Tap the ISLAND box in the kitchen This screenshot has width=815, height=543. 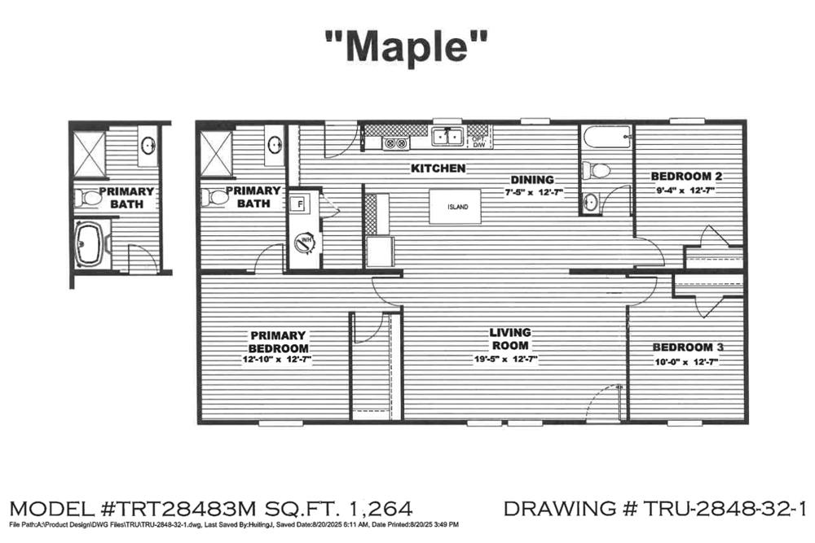[456, 207]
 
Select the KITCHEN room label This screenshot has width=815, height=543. [438, 169]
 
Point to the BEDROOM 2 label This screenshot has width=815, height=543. [686, 176]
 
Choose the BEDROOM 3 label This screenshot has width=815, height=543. [689, 347]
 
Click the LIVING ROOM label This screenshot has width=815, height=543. [510, 338]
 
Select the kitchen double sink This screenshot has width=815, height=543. [447, 137]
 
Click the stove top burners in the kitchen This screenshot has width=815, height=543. [396, 143]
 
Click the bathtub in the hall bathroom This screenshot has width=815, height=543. [606, 138]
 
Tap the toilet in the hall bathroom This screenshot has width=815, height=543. [596, 170]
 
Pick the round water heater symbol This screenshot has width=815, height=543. [305, 241]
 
